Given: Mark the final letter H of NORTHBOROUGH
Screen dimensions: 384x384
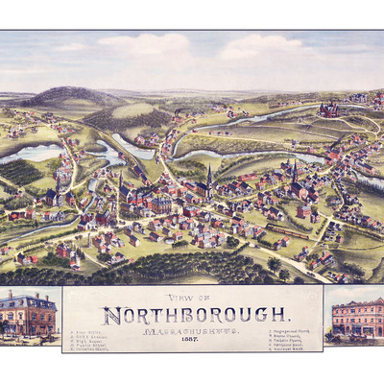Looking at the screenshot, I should pyautogui.click(x=279, y=314).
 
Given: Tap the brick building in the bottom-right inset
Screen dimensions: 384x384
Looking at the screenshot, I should pyautogui.click(x=356, y=316).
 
